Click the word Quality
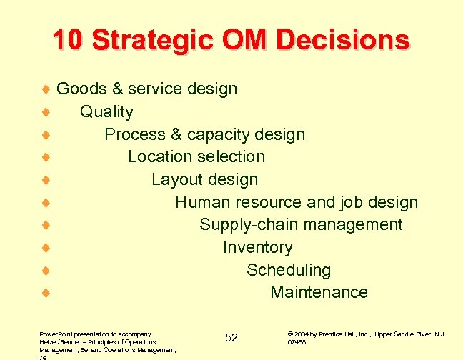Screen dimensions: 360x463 [x=106, y=111]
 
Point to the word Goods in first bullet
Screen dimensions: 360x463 [x=80, y=89]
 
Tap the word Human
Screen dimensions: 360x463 [x=204, y=202]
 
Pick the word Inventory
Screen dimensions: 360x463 [x=257, y=247]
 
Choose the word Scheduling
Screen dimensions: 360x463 [x=289, y=270]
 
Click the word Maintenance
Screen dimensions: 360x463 [x=319, y=292]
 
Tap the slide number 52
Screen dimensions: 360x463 [x=231, y=337]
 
